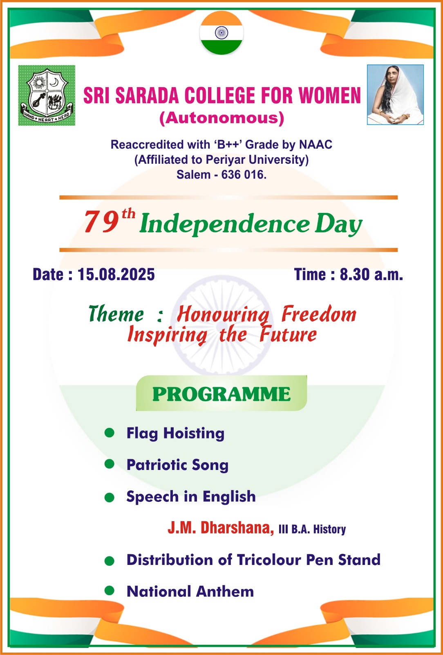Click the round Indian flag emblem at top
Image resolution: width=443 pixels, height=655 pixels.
point(221,33)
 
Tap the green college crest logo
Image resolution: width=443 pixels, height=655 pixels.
point(47,95)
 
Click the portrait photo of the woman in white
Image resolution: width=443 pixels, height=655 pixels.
point(395,95)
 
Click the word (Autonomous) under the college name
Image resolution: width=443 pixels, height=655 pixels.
point(222,118)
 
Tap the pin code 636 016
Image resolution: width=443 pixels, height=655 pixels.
point(244,174)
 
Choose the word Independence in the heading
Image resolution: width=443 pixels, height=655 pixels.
point(224,224)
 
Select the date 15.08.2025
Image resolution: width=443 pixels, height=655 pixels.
point(116,274)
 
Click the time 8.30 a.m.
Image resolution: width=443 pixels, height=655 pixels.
point(371,274)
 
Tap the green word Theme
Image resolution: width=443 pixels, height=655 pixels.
point(116,314)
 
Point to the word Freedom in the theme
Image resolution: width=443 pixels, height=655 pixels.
point(319,314)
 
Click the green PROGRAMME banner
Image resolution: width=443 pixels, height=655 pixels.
point(221,393)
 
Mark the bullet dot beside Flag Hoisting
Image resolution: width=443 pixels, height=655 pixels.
point(109,432)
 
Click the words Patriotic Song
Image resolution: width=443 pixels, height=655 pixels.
point(177,465)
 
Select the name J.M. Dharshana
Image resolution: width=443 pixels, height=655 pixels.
point(221,528)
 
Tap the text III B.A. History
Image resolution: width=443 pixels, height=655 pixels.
point(312,529)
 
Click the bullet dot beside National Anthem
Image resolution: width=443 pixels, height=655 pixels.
point(109,591)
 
